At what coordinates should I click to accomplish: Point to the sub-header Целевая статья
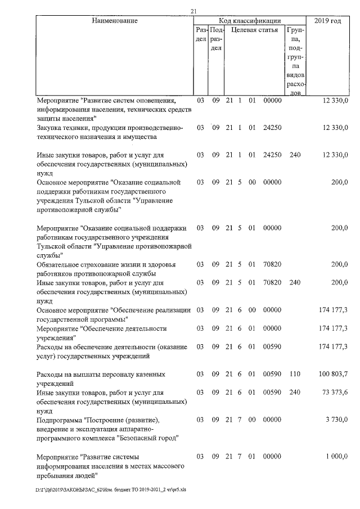255,30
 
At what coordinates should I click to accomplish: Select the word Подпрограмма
59,420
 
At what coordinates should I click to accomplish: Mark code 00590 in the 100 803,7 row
272,374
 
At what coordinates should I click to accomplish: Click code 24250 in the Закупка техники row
272,128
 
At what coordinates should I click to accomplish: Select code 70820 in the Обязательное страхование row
272,264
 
